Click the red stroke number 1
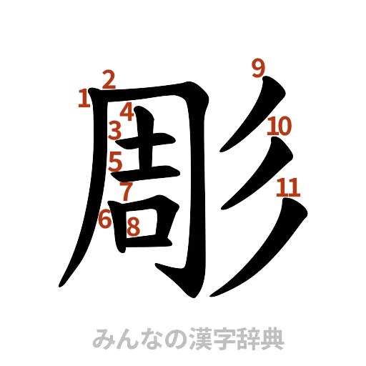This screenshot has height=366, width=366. [x=84, y=98]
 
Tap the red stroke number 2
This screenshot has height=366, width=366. [x=109, y=79]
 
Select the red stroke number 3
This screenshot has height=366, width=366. [x=114, y=131]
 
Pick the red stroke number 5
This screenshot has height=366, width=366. [x=116, y=162]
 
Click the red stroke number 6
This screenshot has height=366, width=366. [x=106, y=219]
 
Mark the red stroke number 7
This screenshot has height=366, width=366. [x=126, y=191]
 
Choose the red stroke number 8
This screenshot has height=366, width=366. [x=132, y=226]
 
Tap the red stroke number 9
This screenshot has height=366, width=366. [x=258, y=69]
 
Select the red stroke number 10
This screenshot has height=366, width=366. [x=278, y=127]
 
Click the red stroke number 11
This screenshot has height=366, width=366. [x=287, y=187]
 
